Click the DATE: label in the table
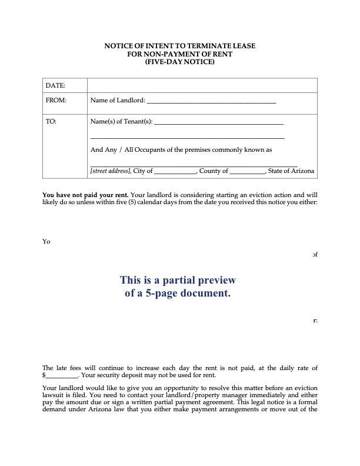[x=55, y=86]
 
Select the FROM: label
[x=56, y=101]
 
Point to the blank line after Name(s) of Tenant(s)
[x=218, y=123]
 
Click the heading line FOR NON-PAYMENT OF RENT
[x=180, y=53]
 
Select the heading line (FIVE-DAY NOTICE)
[x=180, y=61]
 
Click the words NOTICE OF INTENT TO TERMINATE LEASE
[x=180, y=45]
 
